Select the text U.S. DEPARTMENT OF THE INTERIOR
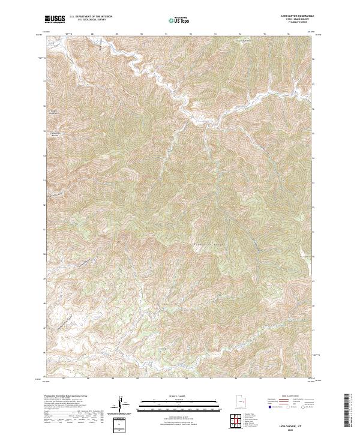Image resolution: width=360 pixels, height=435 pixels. coord(91,17)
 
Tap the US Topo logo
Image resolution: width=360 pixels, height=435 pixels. coord(179,20)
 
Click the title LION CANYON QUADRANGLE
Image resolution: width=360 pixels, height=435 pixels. coord(293,16)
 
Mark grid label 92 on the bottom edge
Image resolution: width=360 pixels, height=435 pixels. coord(190,379)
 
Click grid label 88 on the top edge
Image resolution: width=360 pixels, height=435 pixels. coord(92,34)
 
